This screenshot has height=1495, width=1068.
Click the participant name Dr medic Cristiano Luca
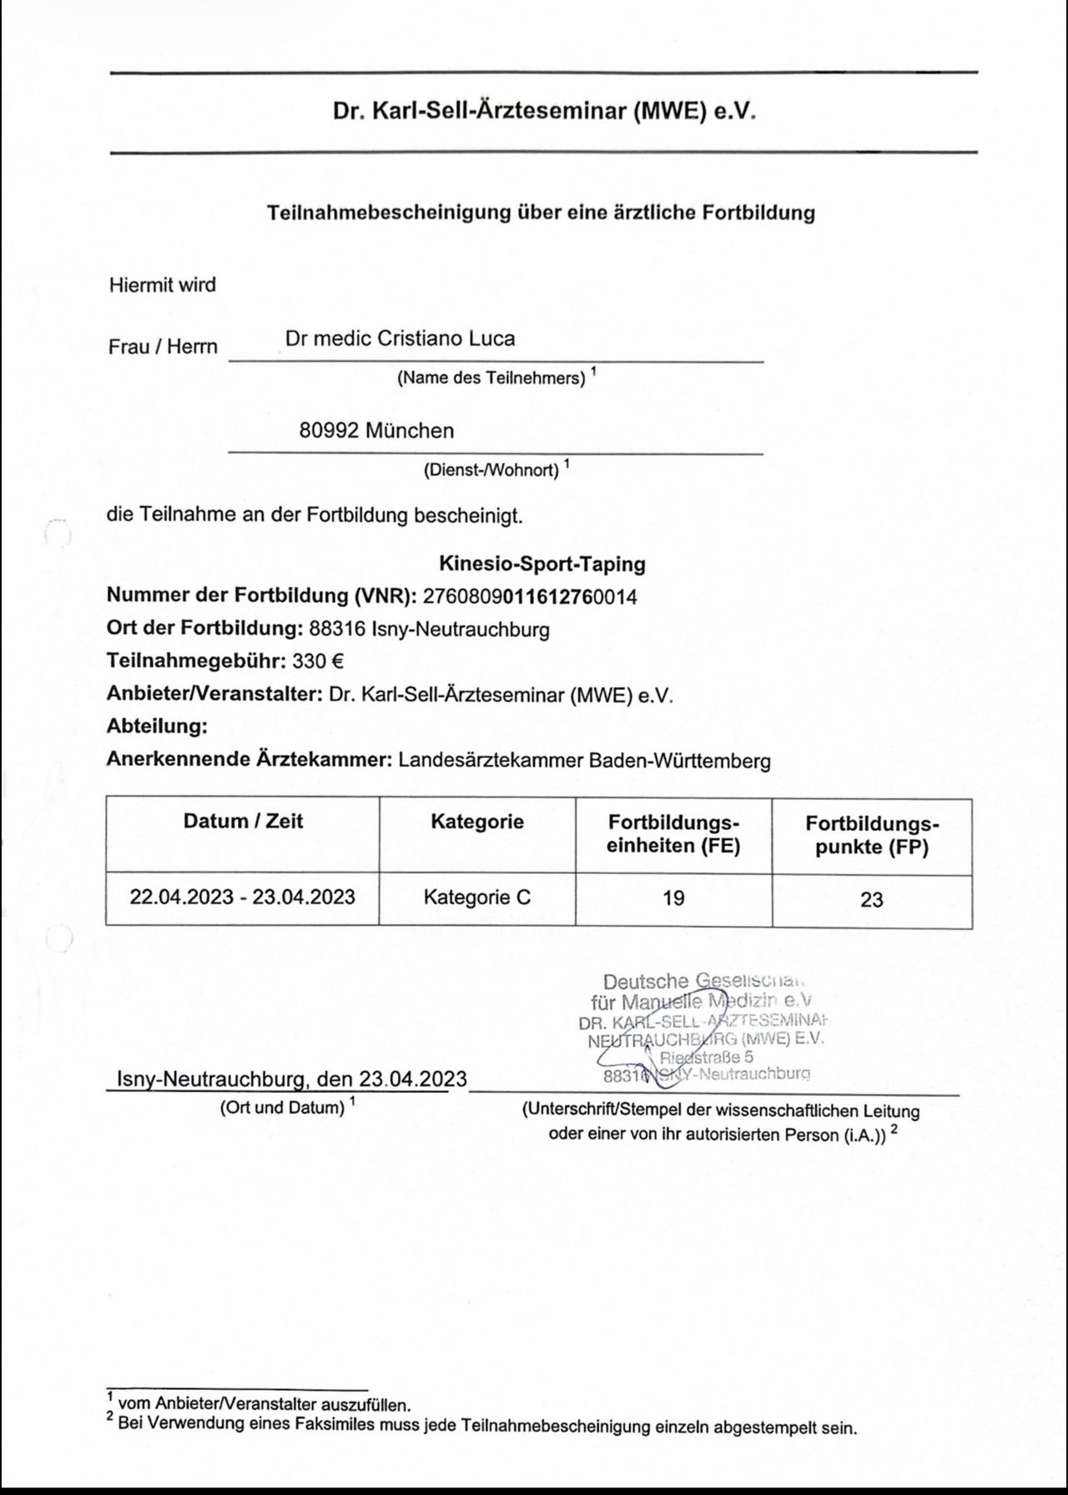pos(400,339)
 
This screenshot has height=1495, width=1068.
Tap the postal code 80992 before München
pos(329,431)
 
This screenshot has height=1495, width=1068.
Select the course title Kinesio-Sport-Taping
pos(542,564)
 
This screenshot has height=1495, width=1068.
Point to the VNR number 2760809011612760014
pos(530,596)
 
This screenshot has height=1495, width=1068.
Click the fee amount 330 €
pos(317,662)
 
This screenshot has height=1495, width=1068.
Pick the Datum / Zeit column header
pos(243,822)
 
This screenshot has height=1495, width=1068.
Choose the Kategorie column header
pos(477,822)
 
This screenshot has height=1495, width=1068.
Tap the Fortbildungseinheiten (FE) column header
pos(673,834)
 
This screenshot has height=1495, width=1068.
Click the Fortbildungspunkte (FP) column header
pos(872,835)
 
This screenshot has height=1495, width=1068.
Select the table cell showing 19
pos(673,898)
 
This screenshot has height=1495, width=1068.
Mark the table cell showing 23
pos(872,899)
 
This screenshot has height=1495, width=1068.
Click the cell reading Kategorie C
pos(477,898)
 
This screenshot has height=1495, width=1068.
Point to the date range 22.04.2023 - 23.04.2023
pos(243,897)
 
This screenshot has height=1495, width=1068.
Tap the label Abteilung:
pos(157,727)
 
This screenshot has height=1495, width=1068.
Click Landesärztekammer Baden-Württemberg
pos(584,761)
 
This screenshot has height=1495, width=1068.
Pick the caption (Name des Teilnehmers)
pos(491,378)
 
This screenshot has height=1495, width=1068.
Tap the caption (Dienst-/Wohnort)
pos(491,470)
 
